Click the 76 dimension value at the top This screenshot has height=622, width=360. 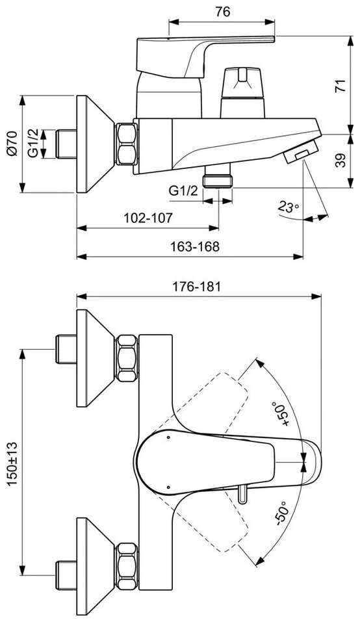(223, 12)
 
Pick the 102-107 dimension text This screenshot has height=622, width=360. (148, 218)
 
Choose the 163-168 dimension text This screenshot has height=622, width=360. (195, 246)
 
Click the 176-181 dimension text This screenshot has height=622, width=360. (196, 287)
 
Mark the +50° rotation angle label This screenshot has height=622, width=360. (280, 414)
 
